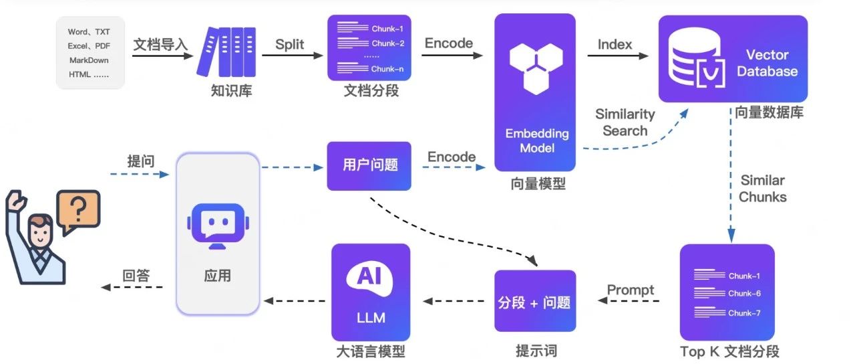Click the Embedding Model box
pos(534,92)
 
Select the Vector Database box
pos(733,59)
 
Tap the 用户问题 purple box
pos(369,165)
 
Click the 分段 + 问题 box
pos(534,301)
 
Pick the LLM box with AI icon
pos(370,292)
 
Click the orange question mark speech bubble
pos(78,211)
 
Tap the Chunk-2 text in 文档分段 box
pos(388,43)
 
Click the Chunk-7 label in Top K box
pos(744,312)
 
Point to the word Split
pos(290,45)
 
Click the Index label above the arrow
pos(615,44)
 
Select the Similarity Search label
pos(625,122)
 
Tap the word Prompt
pos(631,290)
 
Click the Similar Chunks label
pos(762,189)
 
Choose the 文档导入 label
pos(160,45)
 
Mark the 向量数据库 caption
pos(769,112)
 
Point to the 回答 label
pos(136,275)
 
